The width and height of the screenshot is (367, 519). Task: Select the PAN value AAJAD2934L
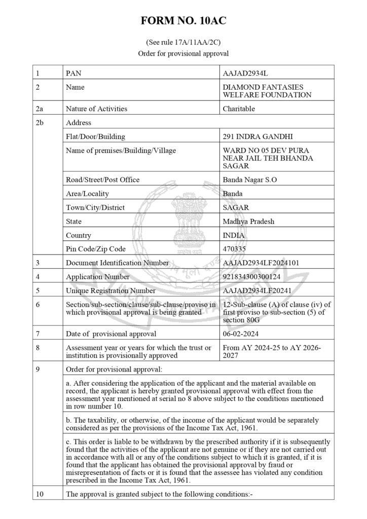pos(245,73)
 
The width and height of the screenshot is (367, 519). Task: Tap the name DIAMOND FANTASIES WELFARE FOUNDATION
pos(267,91)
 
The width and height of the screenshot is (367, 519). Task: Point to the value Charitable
pos(239,108)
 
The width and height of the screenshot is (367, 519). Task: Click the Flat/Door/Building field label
pos(95,136)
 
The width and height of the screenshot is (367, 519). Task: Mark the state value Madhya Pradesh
pos(249,221)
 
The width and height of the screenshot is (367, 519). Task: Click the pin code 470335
pos(235,249)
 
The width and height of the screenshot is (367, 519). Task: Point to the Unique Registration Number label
pos(111,290)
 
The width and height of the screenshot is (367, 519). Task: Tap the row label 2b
pos(40,122)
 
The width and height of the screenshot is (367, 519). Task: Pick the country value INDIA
pos(234,235)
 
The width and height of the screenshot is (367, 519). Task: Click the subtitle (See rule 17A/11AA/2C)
pos(183,44)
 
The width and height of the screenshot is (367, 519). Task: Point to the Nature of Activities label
pos(96,108)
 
